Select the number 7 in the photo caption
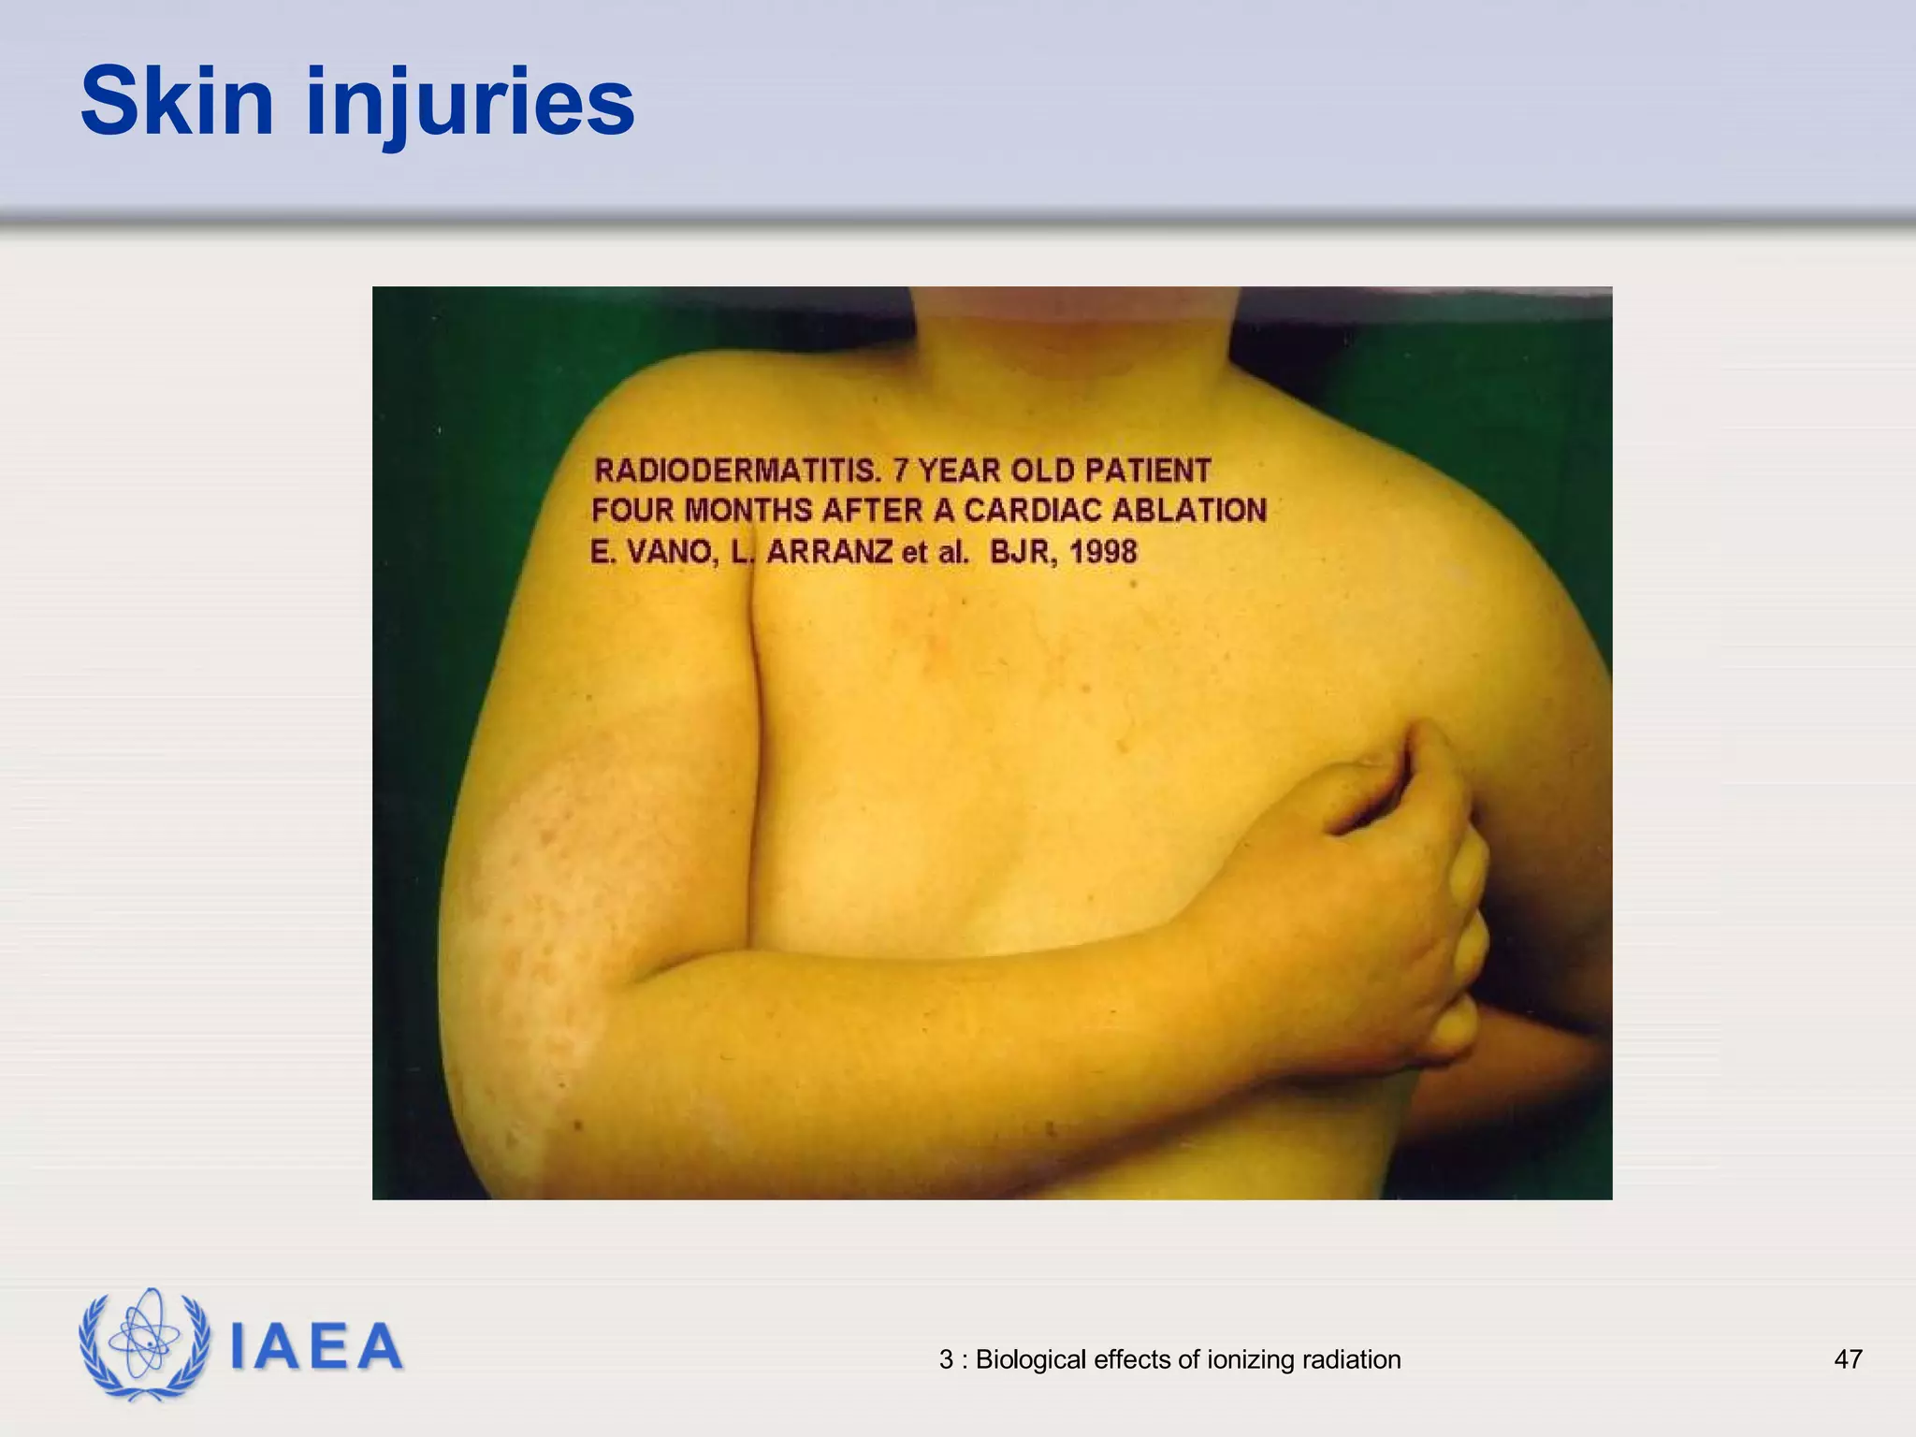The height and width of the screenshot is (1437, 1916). (x=901, y=470)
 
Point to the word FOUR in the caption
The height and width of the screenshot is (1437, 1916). (x=632, y=511)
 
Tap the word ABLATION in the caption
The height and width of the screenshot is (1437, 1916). (x=1189, y=511)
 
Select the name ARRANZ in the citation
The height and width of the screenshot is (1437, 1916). (x=830, y=552)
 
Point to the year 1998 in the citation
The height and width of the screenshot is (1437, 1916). (x=1103, y=552)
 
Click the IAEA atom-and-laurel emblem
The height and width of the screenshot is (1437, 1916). (x=144, y=1344)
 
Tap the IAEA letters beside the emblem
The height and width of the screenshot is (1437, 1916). (x=316, y=1346)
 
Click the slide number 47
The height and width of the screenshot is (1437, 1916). (x=1848, y=1359)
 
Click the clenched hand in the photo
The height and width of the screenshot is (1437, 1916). (x=1385, y=898)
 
